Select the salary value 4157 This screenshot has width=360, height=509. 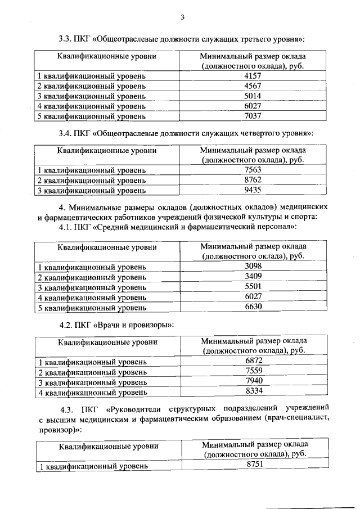pos(253,75)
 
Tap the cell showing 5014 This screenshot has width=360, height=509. pos(253,96)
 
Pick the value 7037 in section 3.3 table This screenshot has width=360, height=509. pos(253,116)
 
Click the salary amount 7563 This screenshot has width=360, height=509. pos(253,170)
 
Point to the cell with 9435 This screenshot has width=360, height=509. pos(253,190)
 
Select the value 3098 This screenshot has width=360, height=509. pos(254,265)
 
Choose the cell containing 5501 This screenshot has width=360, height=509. pos(254,286)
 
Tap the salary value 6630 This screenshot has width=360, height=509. pos(254,307)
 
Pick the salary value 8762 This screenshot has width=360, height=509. pos(253,180)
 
